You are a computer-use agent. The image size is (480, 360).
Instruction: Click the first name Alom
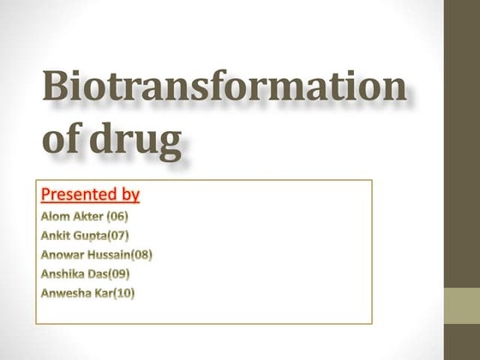57,216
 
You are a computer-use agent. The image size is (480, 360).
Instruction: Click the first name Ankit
57,235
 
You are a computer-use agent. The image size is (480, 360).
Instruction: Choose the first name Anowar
63,255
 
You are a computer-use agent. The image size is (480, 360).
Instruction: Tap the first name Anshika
64,274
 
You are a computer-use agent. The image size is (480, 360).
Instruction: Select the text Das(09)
116,274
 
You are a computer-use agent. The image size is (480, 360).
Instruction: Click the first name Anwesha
66,293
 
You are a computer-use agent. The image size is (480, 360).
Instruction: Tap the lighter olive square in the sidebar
462,305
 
